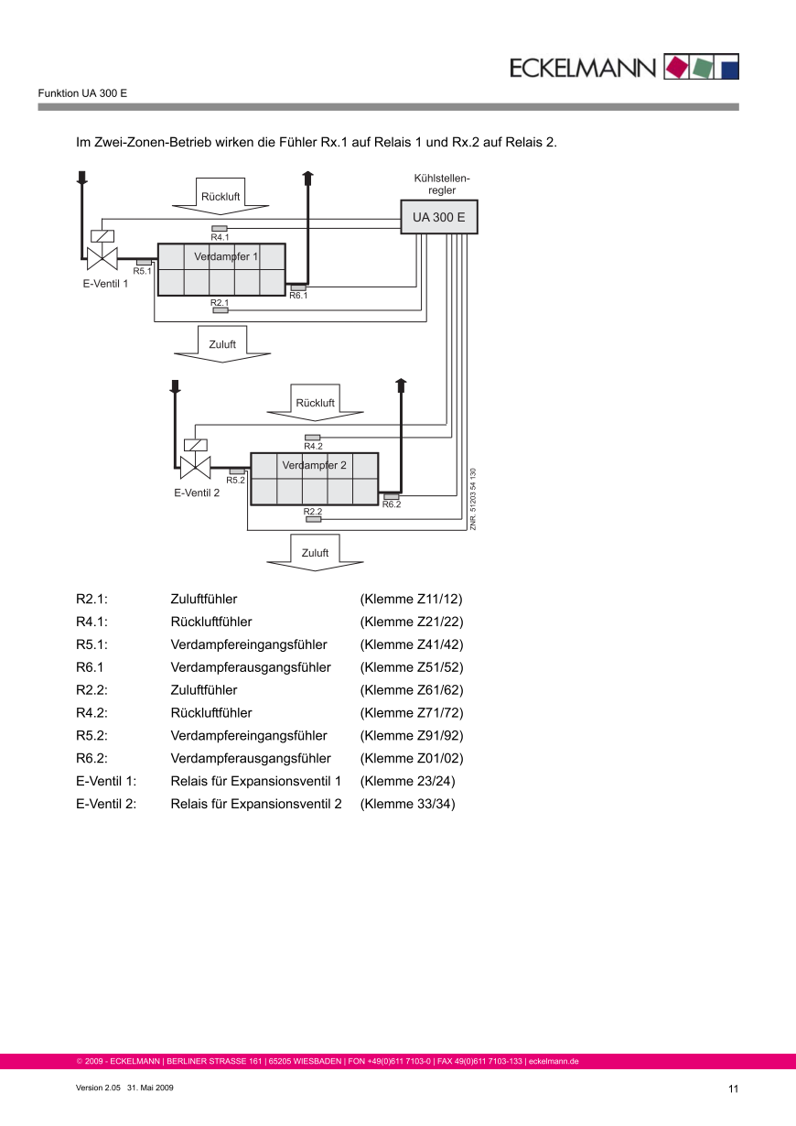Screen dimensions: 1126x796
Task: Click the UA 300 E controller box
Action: click(x=439, y=218)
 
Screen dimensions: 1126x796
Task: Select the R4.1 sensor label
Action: click(x=220, y=237)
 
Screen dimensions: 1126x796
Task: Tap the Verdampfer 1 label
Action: click(x=226, y=257)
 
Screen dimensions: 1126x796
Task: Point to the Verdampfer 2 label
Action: click(x=314, y=465)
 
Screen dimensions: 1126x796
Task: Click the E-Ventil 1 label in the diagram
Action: click(x=105, y=284)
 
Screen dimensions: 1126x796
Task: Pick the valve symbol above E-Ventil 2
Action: click(x=195, y=466)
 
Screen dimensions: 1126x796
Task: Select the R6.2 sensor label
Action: click(x=392, y=504)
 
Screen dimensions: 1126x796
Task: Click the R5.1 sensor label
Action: click(x=142, y=271)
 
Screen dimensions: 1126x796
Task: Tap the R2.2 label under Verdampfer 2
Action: click(x=313, y=512)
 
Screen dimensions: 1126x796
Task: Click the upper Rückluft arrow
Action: click(x=221, y=197)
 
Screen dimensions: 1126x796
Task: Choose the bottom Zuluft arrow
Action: click(x=315, y=553)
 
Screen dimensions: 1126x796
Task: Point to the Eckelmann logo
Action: click(x=623, y=67)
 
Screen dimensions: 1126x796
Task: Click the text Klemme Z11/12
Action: click(x=412, y=600)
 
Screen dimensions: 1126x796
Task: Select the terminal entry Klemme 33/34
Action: click(x=407, y=805)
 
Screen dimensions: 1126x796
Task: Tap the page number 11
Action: click(x=733, y=1088)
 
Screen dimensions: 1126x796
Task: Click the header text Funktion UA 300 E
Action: click(x=82, y=93)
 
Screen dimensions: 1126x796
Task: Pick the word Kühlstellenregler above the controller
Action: click(x=442, y=184)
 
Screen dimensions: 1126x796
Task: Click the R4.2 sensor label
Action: click(x=313, y=446)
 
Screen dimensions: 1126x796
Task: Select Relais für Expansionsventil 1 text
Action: click(x=256, y=782)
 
